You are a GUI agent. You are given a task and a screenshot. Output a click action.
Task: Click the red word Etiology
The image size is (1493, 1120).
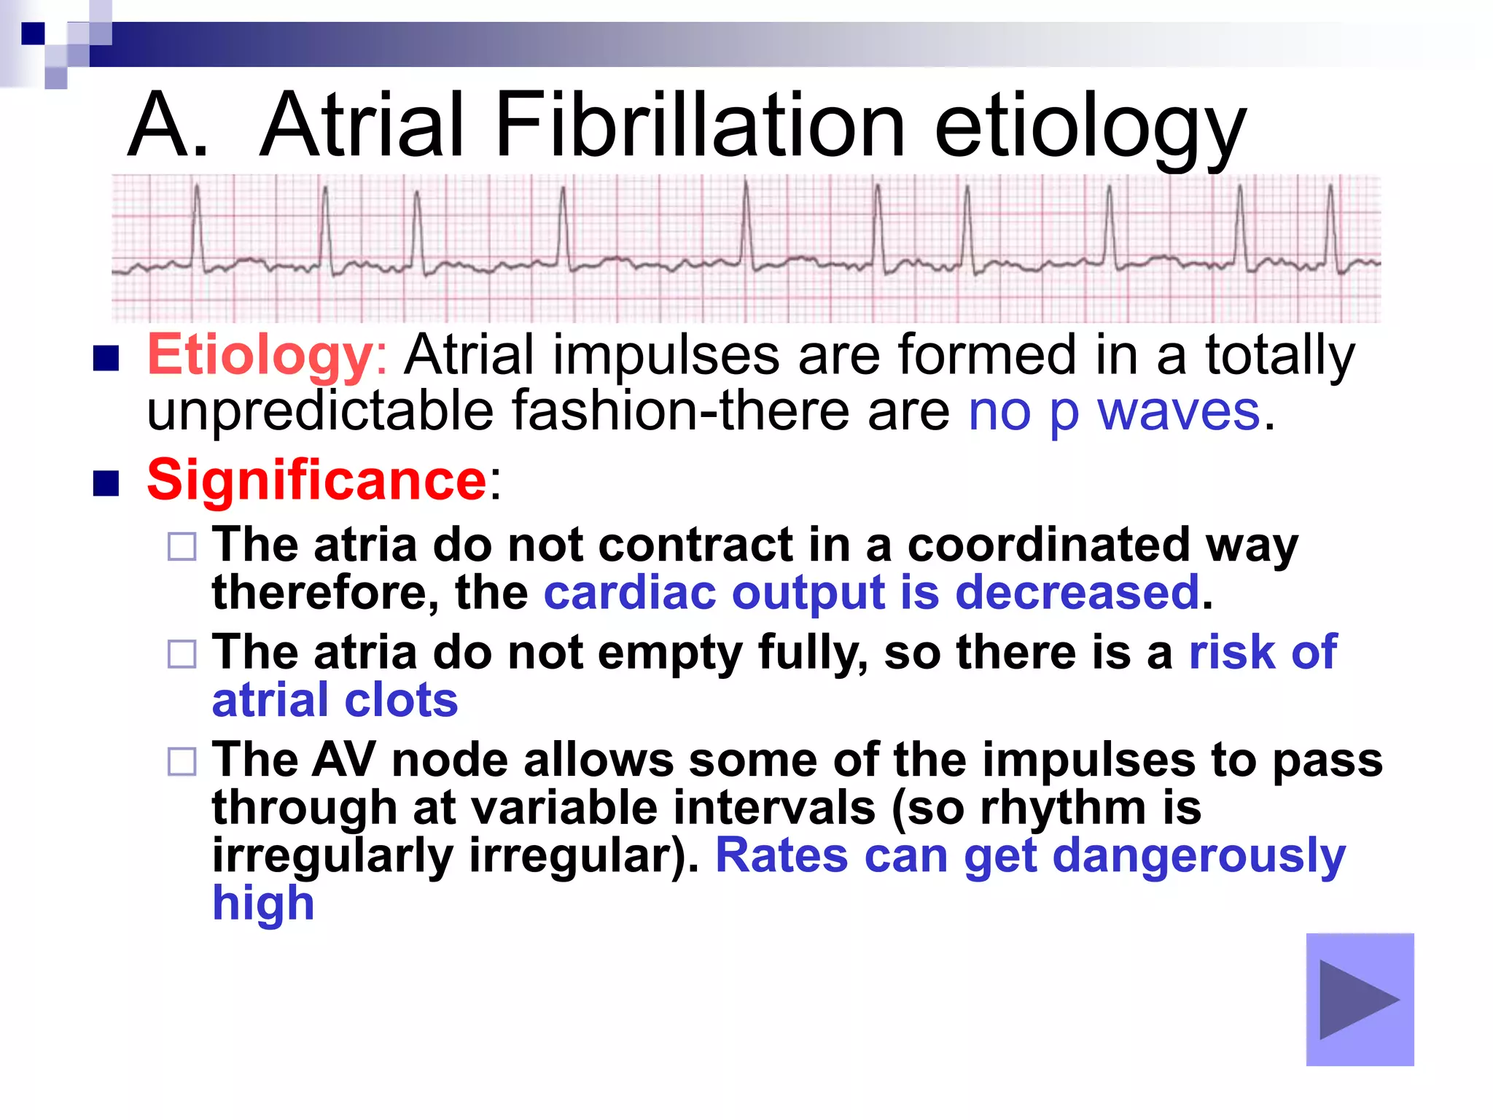pyautogui.click(x=260, y=356)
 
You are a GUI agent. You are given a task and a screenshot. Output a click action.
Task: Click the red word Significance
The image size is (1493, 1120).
pyautogui.click(x=316, y=481)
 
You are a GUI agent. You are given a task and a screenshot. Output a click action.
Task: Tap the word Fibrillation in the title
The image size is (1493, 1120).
pyautogui.click(x=699, y=125)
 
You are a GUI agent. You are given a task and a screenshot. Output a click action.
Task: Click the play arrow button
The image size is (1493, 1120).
pyautogui.click(x=1360, y=999)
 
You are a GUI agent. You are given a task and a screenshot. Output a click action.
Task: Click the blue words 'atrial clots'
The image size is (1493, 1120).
pyautogui.click(x=335, y=700)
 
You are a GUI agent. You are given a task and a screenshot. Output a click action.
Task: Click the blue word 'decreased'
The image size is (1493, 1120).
pyautogui.click(x=1077, y=592)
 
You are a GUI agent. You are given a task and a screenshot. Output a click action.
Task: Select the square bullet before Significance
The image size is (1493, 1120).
pyautogui.click(x=106, y=483)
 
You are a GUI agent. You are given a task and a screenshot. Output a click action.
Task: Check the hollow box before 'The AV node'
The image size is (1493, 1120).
pyautogui.click(x=182, y=762)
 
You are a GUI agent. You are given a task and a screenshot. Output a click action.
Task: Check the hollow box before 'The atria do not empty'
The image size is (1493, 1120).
pyautogui.click(x=182, y=654)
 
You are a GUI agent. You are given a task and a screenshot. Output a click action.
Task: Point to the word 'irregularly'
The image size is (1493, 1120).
pyautogui.click(x=332, y=855)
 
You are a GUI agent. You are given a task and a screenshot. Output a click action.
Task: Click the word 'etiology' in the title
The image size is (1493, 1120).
pyautogui.click(x=1089, y=125)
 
